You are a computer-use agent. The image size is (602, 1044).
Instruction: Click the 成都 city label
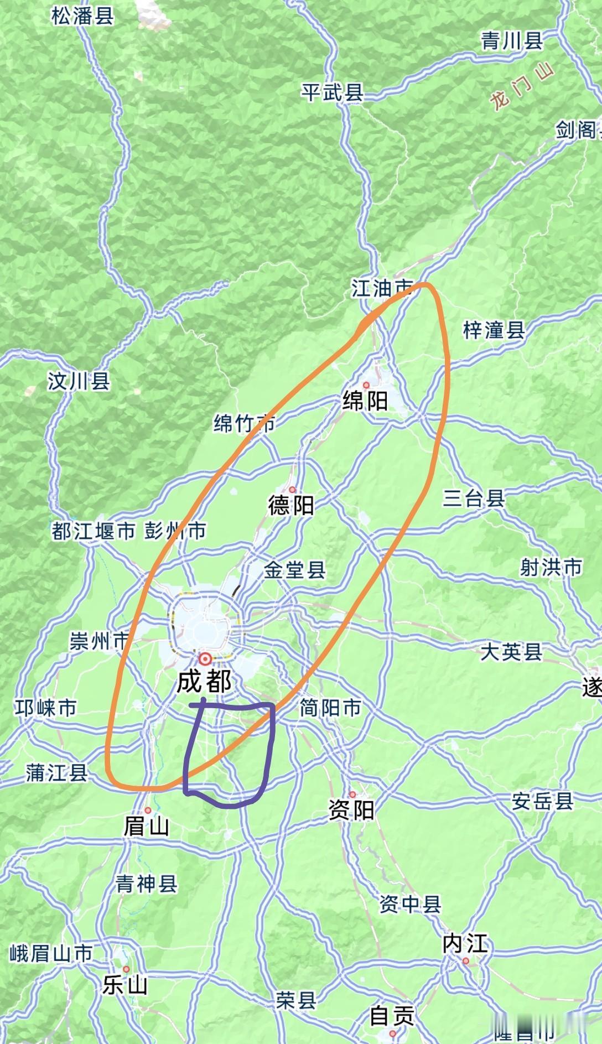click(204, 682)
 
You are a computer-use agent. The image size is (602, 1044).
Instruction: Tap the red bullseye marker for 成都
click(205, 658)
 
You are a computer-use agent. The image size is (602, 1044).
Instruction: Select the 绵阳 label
click(365, 401)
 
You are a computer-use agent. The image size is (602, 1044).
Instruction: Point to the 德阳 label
click(291, 505)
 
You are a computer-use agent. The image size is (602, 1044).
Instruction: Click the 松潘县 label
click(82, 15)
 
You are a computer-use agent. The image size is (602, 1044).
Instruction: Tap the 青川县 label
click(512, 41)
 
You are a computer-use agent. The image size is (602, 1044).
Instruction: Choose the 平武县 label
click(332, 92)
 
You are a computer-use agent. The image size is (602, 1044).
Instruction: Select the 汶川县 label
click(79, 381)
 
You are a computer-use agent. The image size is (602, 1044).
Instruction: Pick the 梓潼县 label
click(494, 330)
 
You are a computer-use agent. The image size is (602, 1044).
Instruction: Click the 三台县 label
click(474, 498)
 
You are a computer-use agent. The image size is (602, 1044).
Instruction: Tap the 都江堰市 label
click(94, 531)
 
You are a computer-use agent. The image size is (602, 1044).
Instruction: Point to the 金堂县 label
click(294, 570)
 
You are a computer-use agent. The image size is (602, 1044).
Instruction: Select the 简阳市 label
click(330, 707)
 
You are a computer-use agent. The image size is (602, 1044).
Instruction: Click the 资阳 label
click(351, 810)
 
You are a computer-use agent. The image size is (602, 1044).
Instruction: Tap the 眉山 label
click(146, 827)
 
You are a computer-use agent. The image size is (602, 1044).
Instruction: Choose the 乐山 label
click(126, 985)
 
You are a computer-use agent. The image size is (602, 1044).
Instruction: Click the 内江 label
click(465, 944)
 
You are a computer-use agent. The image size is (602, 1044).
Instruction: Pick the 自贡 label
click(392, 1015)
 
